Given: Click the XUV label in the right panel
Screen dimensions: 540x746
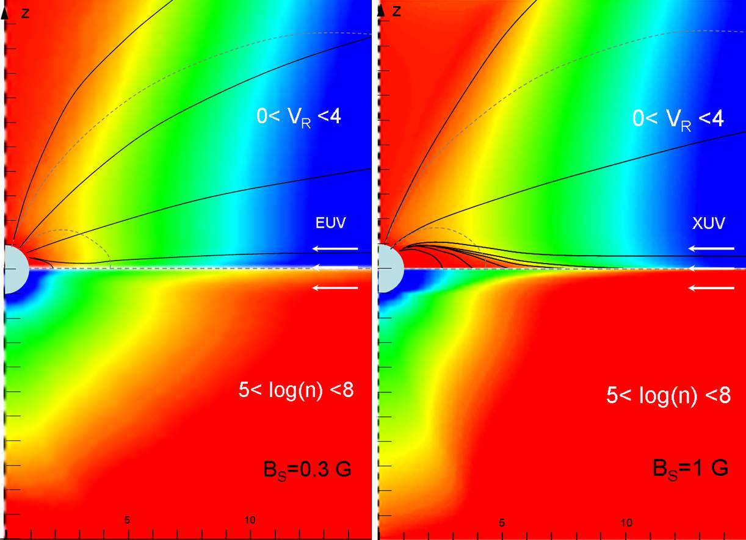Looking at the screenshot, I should click(x=709, y=223).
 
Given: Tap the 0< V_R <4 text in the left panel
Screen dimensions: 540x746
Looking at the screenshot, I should click(x=299, y=117).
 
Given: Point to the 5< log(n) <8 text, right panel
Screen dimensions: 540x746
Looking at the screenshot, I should click(x=668, y=395).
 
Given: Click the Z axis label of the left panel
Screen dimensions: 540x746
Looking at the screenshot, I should click(x=25, y=12).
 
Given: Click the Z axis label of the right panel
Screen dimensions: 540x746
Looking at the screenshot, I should click(x=397, y=10).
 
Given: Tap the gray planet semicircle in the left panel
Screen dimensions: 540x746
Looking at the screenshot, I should click(x=15, y=268).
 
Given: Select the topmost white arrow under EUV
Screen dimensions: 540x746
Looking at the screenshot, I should click(x=335, y=248).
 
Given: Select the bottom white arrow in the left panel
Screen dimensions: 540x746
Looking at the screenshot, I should click(x=335, y=288).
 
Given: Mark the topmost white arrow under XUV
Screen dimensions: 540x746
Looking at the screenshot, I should click(x=711, y=248).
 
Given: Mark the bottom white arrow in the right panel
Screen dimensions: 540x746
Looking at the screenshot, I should click(x=711, y=288).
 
